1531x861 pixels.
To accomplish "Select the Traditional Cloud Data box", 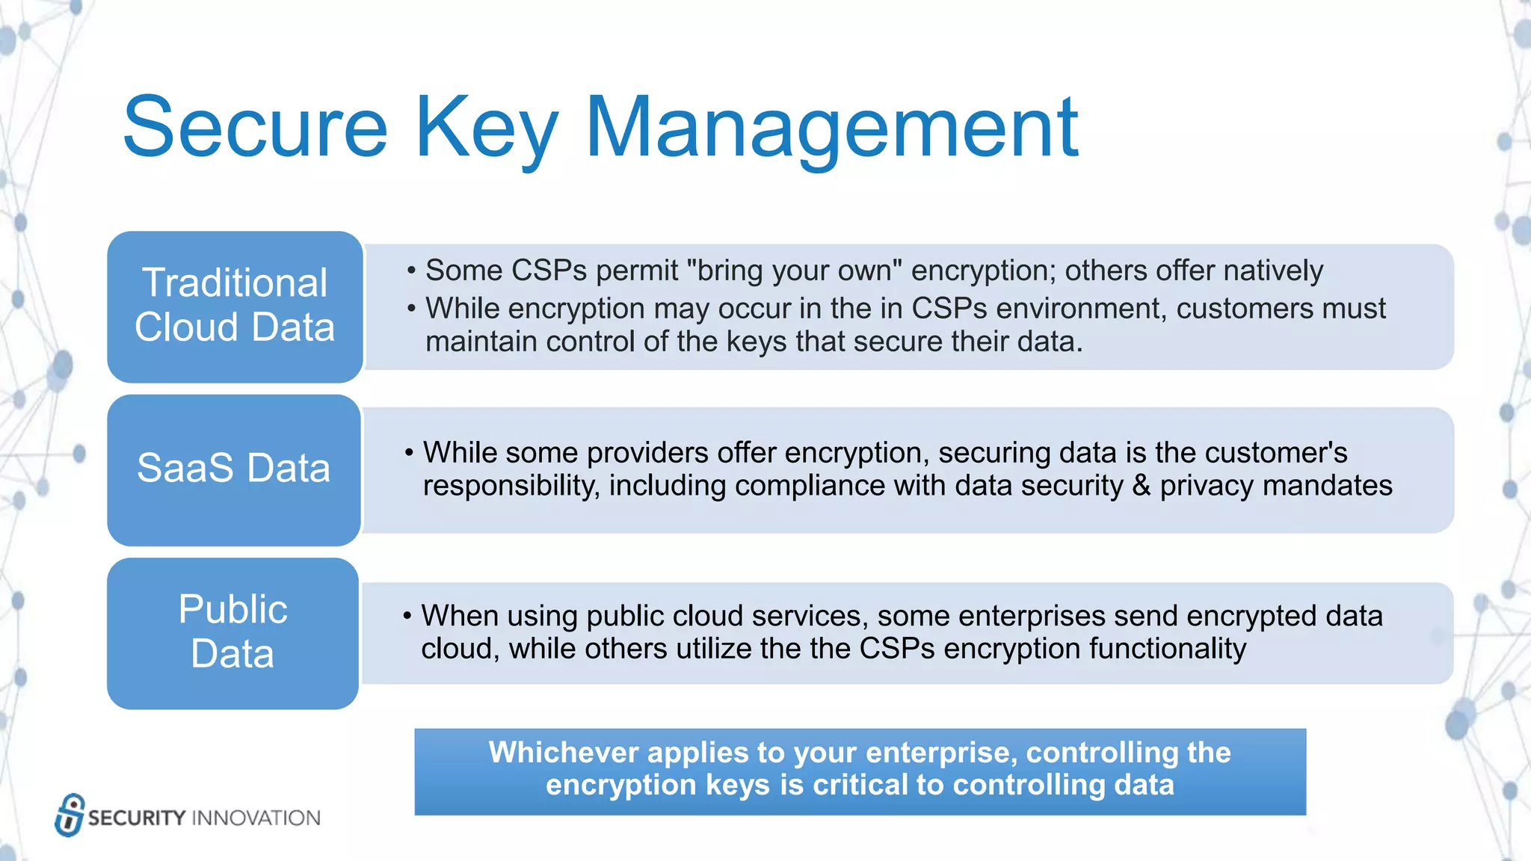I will (235, 306).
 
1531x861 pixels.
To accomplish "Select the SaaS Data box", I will (234, 469).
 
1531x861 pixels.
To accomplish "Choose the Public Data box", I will (232, 632).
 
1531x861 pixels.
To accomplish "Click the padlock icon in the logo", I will (70, 815).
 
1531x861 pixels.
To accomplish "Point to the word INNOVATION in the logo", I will (256, 818).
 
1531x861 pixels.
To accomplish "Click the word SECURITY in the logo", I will (137, 818).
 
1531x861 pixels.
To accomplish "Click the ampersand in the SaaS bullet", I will (1141, 486).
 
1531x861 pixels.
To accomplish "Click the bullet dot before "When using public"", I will (407, 616).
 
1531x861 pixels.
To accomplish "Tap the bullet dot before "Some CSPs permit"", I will (411, 271).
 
